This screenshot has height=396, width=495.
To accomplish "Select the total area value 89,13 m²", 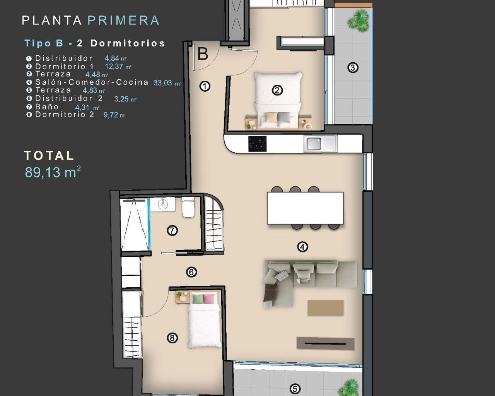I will tap(53, 172).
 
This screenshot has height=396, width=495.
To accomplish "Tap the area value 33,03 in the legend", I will tap(163, 83).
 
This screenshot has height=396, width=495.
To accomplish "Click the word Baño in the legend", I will tap(47, 107).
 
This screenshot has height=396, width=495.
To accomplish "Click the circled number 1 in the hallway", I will tap(205, 86).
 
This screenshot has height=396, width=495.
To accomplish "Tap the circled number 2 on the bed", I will tap(277, 90).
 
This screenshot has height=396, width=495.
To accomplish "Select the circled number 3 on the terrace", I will tap(352, 68).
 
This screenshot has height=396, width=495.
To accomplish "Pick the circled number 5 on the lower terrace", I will tap(295, 389).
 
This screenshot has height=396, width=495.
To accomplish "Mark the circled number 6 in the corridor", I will tap(191, 272).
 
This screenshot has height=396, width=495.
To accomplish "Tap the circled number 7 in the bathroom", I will tap(172, 231).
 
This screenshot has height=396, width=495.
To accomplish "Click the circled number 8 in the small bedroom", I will tap(172, 338).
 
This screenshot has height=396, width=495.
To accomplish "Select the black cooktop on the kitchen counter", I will tap(257, 144).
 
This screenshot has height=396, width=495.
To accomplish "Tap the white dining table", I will tap(305, 208).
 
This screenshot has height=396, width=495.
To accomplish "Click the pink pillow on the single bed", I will tap(209, 299).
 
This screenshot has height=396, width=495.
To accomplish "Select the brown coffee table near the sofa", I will tap(325, 308).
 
